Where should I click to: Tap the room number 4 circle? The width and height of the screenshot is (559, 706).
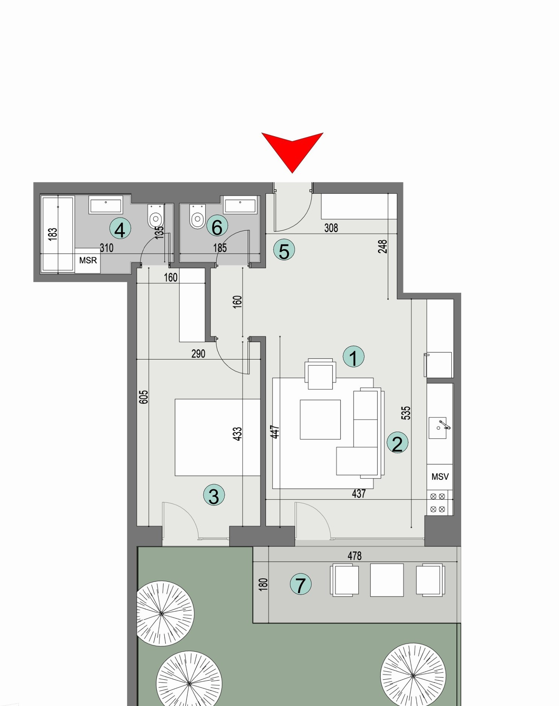[120, 229]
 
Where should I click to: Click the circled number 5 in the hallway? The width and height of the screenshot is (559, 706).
[284, 250]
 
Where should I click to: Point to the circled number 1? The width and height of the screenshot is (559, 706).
[354, 356]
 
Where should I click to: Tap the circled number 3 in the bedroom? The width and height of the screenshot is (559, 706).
[214, 495]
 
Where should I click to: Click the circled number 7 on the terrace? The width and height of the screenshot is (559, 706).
[300, 584]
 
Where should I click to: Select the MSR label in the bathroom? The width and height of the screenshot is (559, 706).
[88, 260]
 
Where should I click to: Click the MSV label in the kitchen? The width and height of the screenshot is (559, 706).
[440, 477]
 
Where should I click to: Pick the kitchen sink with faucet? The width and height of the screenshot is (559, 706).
[438, 428]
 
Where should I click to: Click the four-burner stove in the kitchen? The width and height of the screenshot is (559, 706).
[437, 503]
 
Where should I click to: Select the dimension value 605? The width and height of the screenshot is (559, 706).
[144, 397]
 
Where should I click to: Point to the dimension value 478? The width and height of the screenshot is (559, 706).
[354, 556]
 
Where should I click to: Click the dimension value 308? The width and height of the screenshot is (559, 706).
[331, 228]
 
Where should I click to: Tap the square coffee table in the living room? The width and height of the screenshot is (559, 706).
[320, 419]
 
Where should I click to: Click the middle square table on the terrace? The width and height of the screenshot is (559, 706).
[387, 580]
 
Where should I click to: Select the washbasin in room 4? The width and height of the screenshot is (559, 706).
[106, 205]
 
